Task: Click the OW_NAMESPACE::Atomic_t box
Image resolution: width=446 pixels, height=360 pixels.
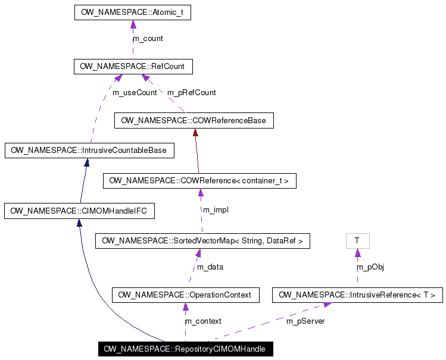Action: [x=132, y=12]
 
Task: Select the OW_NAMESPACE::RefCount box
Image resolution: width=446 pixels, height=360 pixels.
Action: [x=133, y=67]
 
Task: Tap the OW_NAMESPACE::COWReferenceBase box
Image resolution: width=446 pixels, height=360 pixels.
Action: [x=194, y=121]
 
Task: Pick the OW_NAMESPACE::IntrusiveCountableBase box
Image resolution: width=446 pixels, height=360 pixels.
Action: [x=89, y=151]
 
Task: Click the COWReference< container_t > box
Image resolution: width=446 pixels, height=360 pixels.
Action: [x=199, y=181]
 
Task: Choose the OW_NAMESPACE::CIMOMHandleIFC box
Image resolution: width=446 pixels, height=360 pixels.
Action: [x=79, y=211]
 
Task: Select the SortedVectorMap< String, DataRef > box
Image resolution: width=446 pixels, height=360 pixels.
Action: [x=202, y=241]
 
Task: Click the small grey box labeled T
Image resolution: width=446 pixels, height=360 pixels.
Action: [x=357, y=240]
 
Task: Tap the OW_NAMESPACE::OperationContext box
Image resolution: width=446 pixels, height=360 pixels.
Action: [x=185, y=295]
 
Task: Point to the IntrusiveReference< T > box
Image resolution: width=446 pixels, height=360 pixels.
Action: [x=357, y=295]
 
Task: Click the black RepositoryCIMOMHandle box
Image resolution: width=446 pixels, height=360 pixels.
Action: [x=185, y=349]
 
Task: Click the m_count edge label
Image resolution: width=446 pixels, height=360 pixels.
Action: [x=148, y=39]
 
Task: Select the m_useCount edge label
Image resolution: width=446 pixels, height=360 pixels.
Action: [x=135, y=93]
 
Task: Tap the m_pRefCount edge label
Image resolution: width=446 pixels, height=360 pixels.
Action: [x=191, y=93]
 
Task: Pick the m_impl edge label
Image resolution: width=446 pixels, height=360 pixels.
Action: [x=216, y=210]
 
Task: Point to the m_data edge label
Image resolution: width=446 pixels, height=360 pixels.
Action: [x=210, y=267]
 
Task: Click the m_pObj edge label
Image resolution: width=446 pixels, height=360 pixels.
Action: [x=370, y=267]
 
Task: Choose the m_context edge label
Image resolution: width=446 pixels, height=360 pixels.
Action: [x=203, y=321]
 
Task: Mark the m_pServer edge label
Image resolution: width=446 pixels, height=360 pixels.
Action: [x=305, y=321]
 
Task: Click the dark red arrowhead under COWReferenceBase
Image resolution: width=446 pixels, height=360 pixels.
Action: [x=195, y=133]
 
